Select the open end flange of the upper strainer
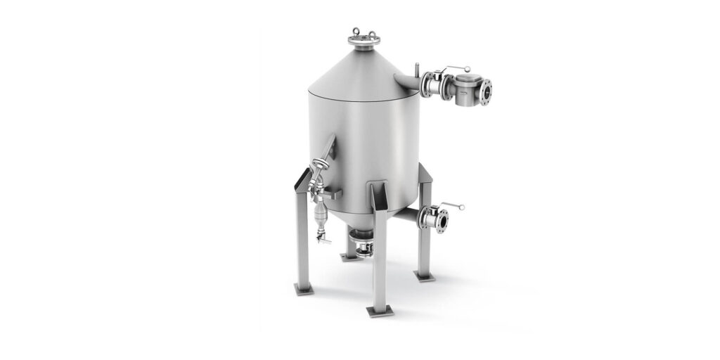click(486, 90)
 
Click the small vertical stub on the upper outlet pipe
click(417, 71)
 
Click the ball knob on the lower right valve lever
click(462, 207)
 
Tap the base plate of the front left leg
click(304, 288)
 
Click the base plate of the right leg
click(424, 276)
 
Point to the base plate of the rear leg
click(349, 257)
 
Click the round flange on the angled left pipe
click(320, 166)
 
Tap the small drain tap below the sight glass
click(325, 240)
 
